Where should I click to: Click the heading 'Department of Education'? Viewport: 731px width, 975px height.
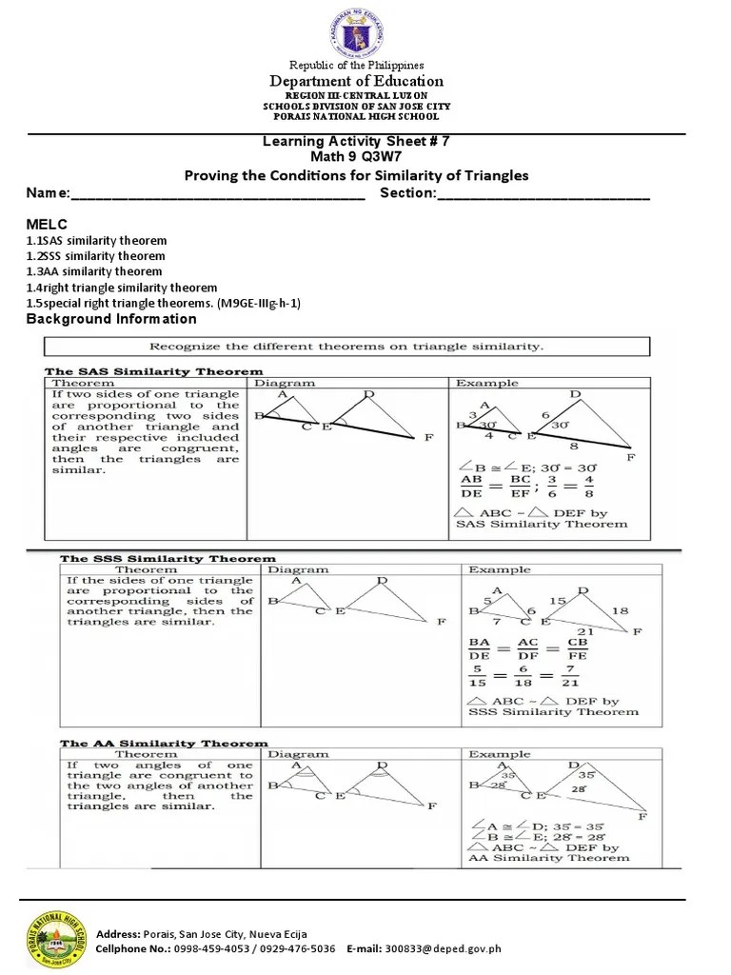[356, 81]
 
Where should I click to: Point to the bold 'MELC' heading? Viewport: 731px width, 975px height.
[45, 222]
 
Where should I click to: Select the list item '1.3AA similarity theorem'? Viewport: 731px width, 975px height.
[94, 271]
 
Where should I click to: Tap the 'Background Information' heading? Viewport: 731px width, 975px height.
[111, 319]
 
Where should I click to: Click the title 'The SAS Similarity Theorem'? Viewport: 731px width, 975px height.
[155, 371]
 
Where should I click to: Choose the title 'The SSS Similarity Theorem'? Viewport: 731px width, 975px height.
[168, 559]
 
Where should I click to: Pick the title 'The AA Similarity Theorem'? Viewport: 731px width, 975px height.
[164, 744]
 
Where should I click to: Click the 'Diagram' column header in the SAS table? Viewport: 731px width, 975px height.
[285, 383]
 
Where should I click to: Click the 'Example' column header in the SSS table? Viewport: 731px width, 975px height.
[499, 569]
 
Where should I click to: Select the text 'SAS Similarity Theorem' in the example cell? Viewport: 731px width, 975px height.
[534, 524]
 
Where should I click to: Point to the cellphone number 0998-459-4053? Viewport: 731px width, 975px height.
[211, 948]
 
